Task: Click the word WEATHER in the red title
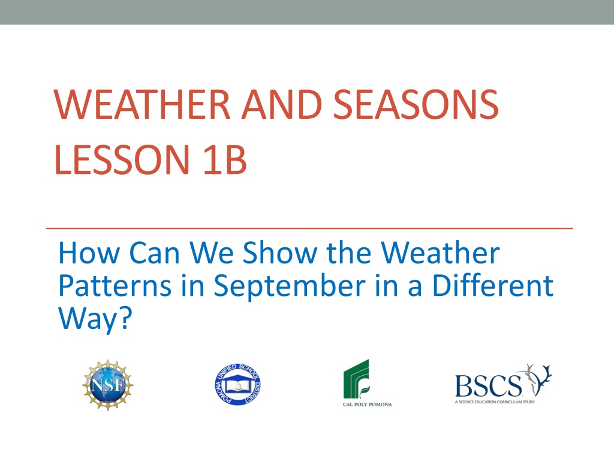[x=142, y=104]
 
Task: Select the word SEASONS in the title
[x=416, y=104]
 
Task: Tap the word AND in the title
[x=282, y=104]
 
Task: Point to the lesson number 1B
[x=225, y=159]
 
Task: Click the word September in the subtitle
[x=290, y=287]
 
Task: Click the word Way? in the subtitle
[x=95, y=319]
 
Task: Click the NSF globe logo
[x=108, y=385]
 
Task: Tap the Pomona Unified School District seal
[x=237, y=385]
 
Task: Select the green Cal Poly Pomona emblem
[x=356, y=379]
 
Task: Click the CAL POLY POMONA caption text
[x=368, y=405]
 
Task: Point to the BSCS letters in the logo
[x=488, y=386]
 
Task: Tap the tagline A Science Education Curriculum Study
[x=495, y=402]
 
